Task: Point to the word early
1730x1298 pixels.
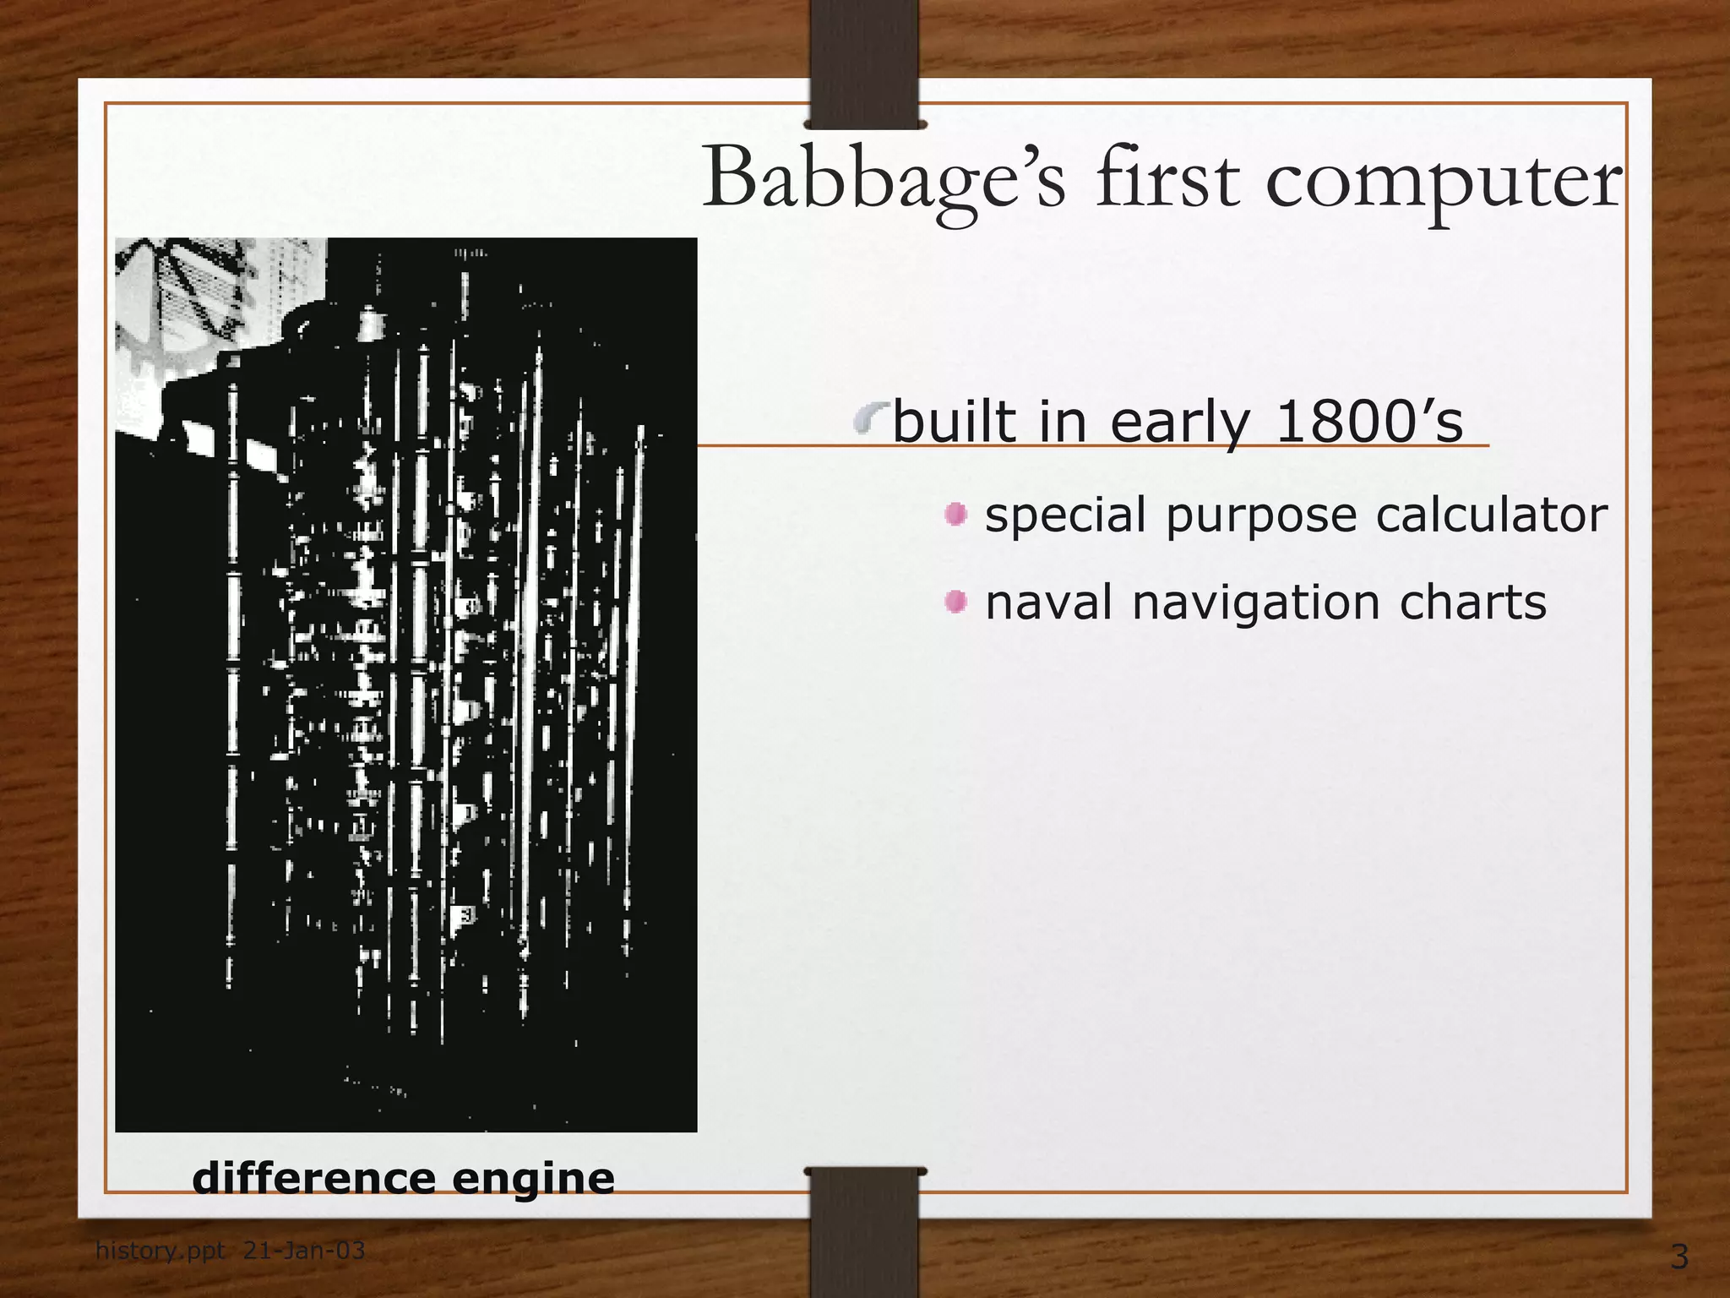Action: (x=1180, y=423)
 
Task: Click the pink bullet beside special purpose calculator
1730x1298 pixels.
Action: (x=955, y=514)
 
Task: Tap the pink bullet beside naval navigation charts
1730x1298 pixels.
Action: (x=955, y=602)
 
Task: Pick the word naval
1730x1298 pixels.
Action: (x=1048, y=603)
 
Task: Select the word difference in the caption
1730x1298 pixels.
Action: (x=313, y=1178)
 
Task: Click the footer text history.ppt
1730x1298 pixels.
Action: (x=160, y=1250)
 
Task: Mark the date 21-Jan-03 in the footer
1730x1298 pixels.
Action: (x=304, y=1250)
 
